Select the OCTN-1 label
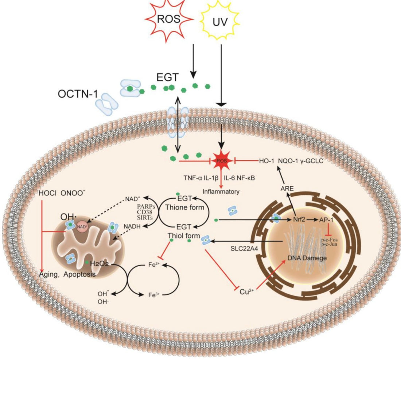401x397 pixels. (x=77, y=94)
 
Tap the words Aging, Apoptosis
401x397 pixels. (x=67, y=274)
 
